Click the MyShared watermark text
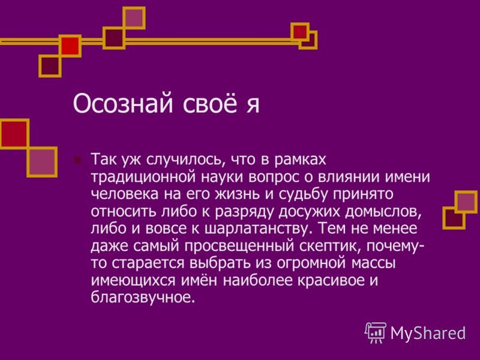coord(428,332)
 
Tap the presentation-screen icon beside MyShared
coord(376,332)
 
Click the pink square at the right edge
coord(466,202)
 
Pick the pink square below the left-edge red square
coord(42,161)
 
